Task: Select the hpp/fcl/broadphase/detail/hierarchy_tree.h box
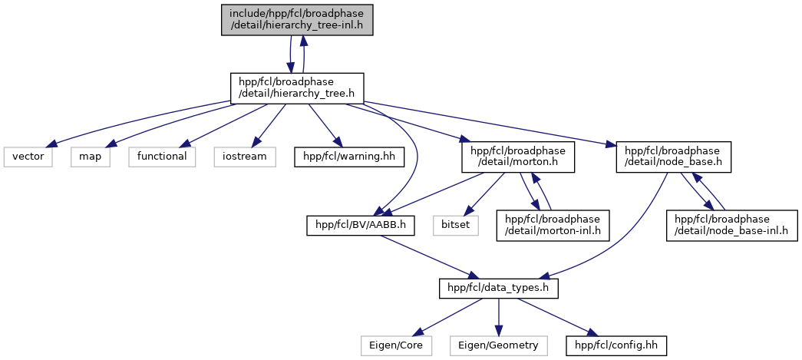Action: click(x=296, y=88)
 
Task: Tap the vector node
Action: click(x=28, y=156)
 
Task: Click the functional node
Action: click(x=161, y=156)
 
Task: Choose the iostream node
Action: click(x=245, y=156)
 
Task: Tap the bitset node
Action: click(x=454, y=226)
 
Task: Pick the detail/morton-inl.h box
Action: click(x=553, y=226)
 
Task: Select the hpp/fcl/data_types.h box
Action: click(x=498, y=289)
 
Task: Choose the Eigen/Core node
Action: click(x=396, y=346)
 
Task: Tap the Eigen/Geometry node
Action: click(x=498, y=346)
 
